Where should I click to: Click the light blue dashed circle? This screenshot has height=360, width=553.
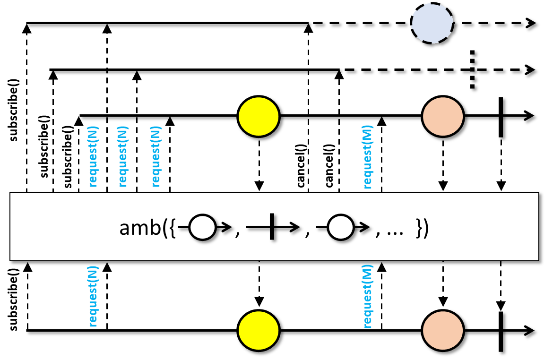tap(432, 23)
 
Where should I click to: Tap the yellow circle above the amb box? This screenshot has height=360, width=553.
tap(259, 116)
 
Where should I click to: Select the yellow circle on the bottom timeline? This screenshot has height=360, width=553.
tap(259, 331)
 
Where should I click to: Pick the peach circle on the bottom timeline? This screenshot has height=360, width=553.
tap(442, 331)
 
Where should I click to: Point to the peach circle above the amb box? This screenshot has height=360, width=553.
tap(442, 116)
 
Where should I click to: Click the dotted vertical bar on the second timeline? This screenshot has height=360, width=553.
tap(472, 69)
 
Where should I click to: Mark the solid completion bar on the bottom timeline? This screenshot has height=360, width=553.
tap(501, 332)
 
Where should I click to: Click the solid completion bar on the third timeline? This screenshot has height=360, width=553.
tap(501, 117)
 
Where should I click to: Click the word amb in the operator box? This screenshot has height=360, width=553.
tap(140, 228)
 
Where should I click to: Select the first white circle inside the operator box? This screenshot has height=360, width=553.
tap(202, 227)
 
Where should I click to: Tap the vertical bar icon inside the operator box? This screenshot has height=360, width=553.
tap(272, 226)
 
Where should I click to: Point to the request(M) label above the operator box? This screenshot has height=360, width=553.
tap(367, 157)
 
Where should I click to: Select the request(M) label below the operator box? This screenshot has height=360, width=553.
tap(367, 296)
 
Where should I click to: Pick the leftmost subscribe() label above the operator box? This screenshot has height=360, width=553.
tap(13, 110)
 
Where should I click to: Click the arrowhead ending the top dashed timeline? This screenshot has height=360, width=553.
tap(531, 23)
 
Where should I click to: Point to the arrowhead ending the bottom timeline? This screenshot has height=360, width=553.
tap(530, 331)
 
